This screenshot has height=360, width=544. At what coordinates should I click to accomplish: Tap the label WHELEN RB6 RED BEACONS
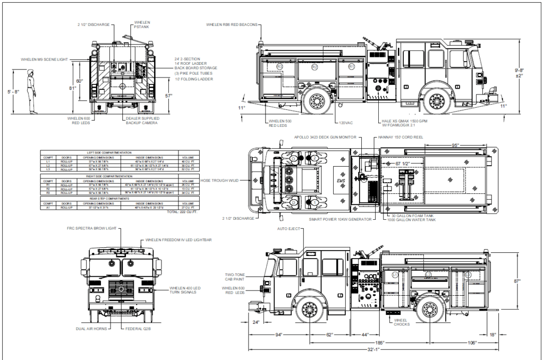232,25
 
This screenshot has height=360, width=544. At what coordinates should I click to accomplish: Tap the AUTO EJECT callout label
289,229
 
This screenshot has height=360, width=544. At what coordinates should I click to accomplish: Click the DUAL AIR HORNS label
92,329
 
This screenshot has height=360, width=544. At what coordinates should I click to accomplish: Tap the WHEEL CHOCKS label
401,322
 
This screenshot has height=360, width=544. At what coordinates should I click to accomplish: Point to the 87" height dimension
524,281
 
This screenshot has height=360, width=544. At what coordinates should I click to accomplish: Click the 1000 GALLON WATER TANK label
412,220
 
